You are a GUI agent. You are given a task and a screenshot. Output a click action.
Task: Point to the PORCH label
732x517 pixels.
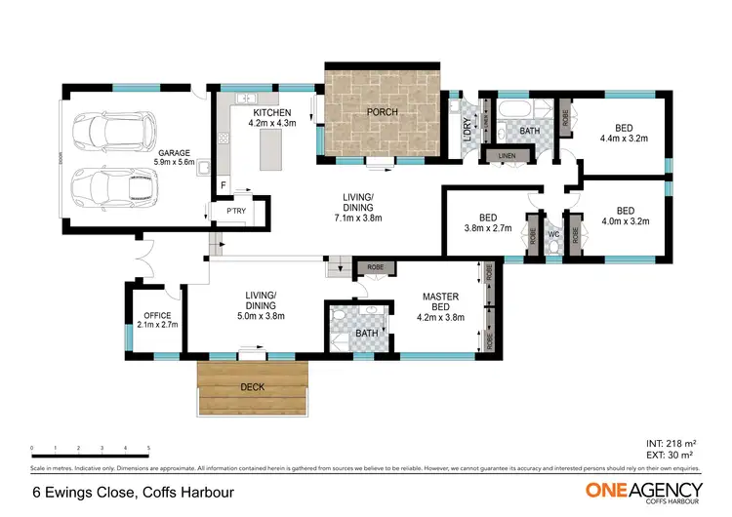coord(382,112)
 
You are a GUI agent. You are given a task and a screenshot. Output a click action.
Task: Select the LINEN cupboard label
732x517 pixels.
coord(506,156)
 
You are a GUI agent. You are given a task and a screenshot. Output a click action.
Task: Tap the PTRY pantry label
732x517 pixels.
coord(235,211)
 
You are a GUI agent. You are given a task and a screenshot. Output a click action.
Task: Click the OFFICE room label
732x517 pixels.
coord(157,314)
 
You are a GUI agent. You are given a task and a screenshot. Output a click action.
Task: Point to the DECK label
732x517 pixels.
coord(252,386)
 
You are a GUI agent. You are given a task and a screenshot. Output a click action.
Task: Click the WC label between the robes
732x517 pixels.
coord(552,234)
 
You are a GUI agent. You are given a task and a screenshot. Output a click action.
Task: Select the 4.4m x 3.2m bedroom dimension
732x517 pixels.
coord(623,139)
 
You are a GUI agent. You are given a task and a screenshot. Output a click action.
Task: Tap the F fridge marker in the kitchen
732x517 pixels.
coord(223,184)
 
